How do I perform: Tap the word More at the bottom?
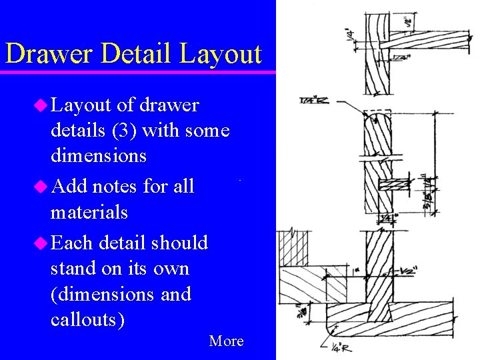pyautogui.click(x=226, y=341)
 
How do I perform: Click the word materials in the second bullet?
pyautogui.click(x=89, y=213)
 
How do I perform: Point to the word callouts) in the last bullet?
pyautogui.click(x=87, y=319)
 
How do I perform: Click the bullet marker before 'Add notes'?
pyautogui.click(x=41, y=187)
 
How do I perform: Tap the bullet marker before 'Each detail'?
pyautogui.click(x=41, y=243)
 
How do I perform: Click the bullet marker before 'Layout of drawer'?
pyautogui.click(x=41, y=105)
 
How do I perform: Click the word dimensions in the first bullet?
pyautogui.click(x=98, y=156)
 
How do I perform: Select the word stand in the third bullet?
pyautogui.click(x=72, y=269)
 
